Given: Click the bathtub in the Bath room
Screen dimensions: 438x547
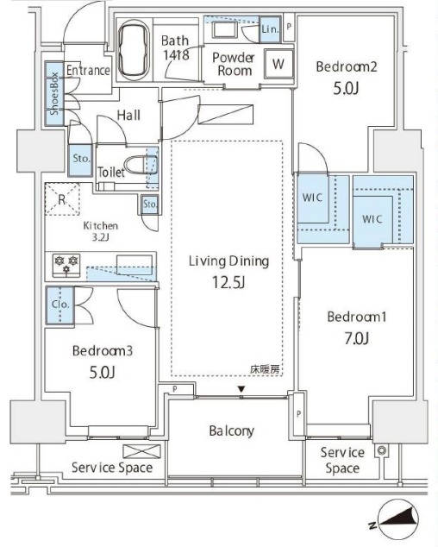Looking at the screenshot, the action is point(134,50).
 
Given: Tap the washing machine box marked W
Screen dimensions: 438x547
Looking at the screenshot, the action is point(278,64).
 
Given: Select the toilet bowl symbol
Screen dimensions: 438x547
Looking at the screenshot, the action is point(140,164).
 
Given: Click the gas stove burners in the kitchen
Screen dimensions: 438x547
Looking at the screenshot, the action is point(66,266).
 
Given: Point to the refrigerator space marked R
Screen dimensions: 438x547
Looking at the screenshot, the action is point(62,199).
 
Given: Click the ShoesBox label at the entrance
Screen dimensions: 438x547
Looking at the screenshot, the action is point(54,93).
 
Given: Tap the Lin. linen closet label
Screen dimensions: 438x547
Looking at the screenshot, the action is point(270,29).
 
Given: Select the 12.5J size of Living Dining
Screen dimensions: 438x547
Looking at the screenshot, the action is point(228,282).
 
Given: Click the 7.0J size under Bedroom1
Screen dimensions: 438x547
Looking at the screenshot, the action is point(356,338).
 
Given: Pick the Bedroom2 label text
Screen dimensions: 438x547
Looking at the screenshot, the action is point(347,66).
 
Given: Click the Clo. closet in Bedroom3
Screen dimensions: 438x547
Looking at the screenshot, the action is point(60,305).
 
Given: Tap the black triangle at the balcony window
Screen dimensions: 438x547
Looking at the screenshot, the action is point(241,388).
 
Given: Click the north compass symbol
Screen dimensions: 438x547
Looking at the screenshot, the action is point(397,519).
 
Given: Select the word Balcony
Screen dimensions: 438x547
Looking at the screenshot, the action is point(231,431).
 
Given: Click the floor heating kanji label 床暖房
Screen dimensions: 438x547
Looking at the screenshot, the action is point(265,369).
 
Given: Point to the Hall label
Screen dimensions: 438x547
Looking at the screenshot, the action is point(128,115).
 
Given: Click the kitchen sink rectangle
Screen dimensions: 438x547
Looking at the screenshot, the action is point(135,265).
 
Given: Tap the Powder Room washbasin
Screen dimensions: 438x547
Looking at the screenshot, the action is point(224,30).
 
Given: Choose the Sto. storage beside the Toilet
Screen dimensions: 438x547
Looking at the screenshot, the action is point(81,160).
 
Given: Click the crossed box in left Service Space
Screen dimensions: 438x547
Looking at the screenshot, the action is point(141,451).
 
